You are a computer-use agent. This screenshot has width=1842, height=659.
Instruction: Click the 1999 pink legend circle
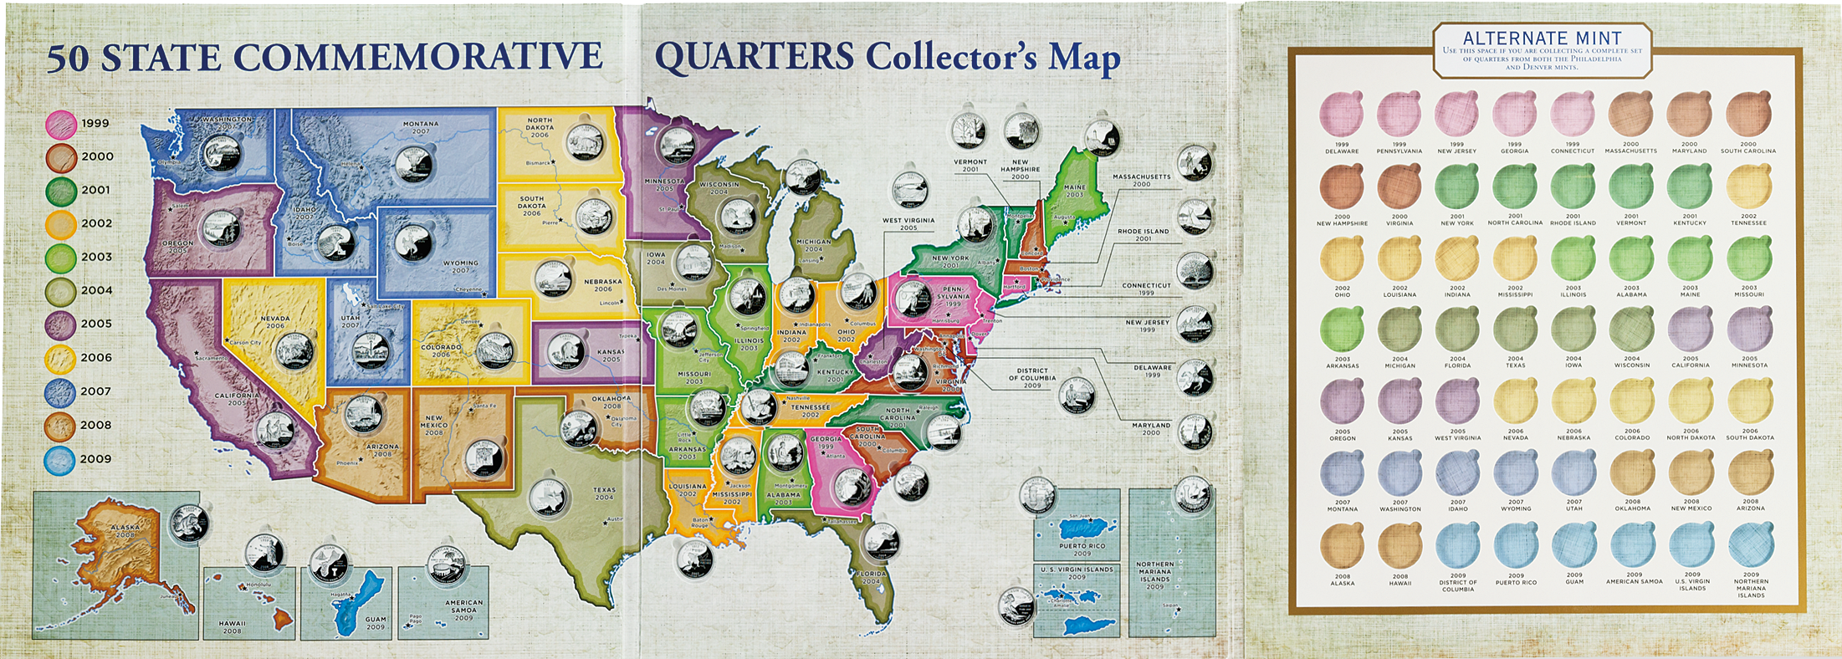coord(62,124)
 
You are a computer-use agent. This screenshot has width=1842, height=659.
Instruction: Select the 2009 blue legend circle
coord(61,459)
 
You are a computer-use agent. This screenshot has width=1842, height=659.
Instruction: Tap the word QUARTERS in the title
coord(754,57)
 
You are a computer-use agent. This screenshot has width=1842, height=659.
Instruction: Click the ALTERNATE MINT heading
coord(1542,38)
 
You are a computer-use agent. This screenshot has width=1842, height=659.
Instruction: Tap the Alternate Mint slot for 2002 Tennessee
coord(1748,186)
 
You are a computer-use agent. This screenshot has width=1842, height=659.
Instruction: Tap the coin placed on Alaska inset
coord(189,524)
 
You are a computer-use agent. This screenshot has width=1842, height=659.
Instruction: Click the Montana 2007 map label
coord(420,128)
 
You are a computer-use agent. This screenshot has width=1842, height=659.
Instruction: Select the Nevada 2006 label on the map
coord(274,322)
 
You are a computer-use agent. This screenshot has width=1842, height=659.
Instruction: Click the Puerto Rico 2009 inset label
coord(1081,549)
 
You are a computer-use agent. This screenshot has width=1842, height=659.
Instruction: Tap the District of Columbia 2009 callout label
coord(1032,377)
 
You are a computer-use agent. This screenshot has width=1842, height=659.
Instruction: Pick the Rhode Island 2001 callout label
coord(1143,235)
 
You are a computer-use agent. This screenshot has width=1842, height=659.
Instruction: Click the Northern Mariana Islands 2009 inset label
coord(1154,575)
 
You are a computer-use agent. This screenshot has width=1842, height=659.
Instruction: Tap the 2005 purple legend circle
coord(61,324)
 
